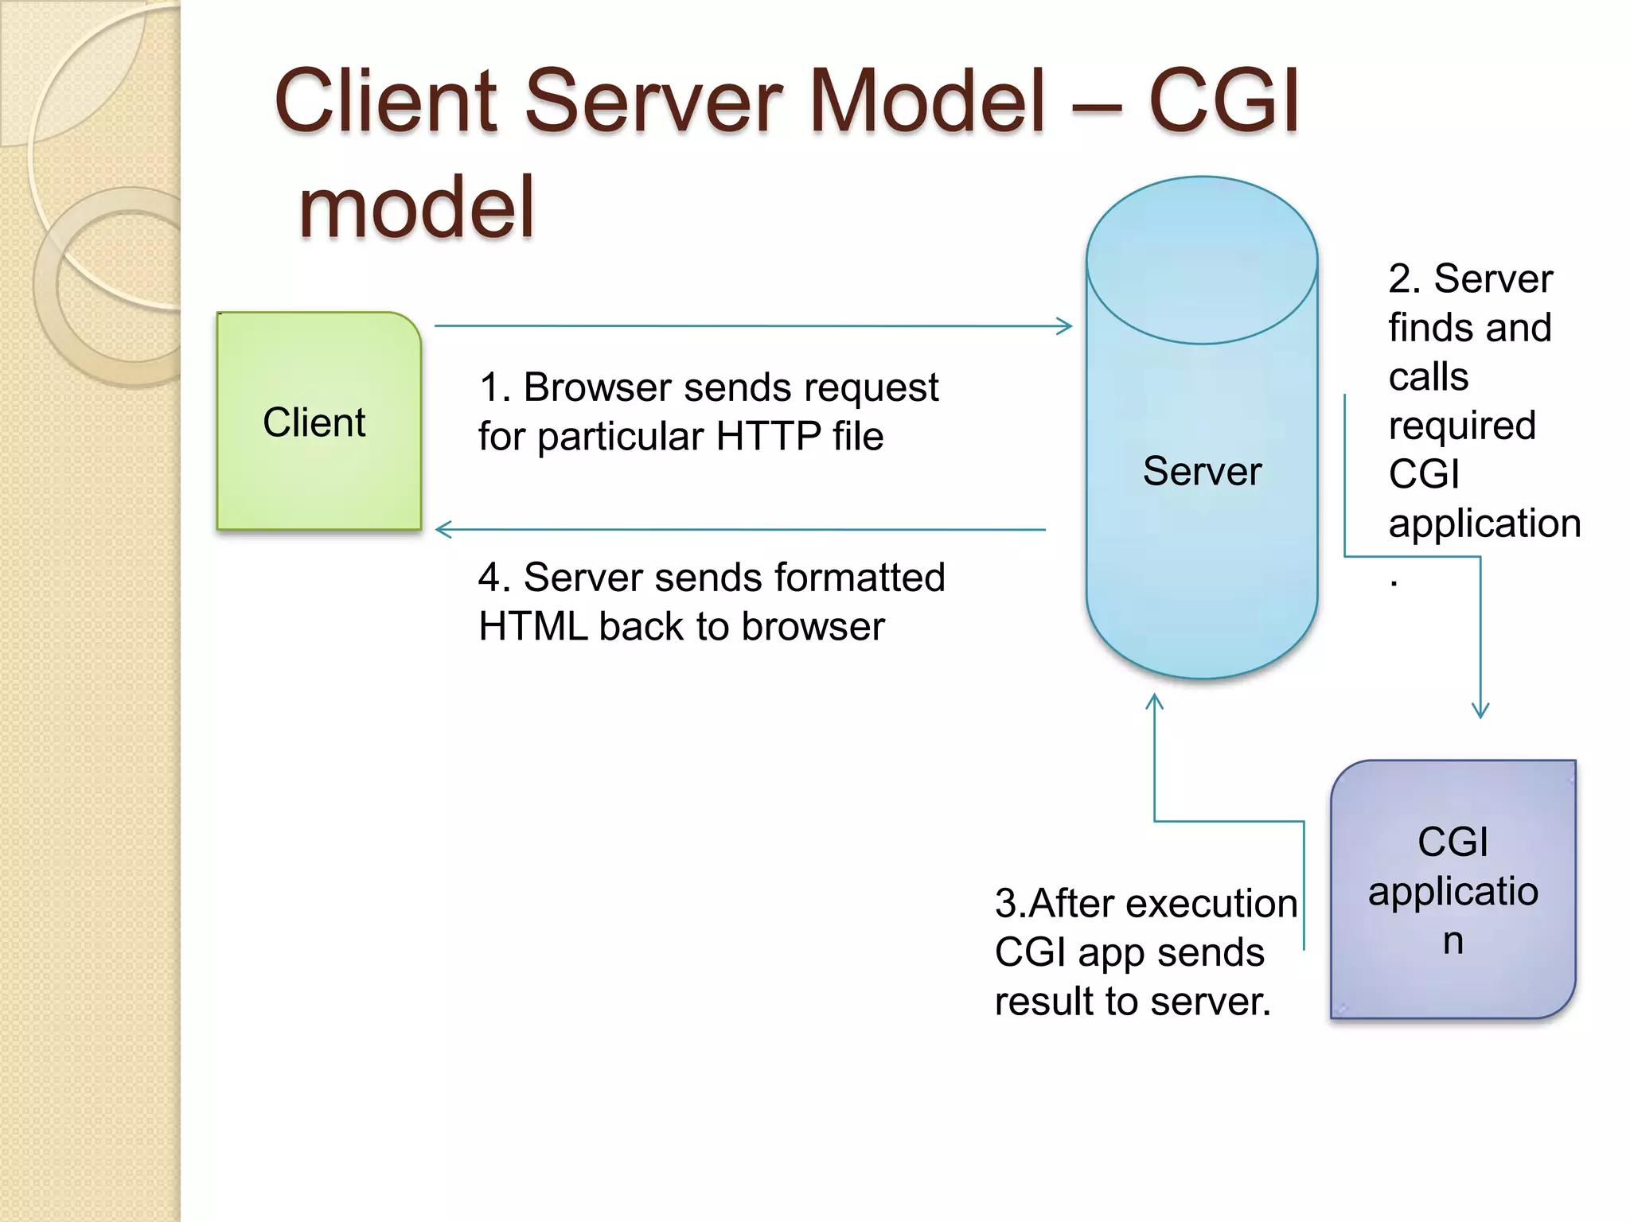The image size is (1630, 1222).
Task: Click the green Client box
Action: pyautogui.click(x=318, y=422)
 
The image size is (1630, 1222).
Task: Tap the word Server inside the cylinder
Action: pyautogui.click(x=1202, y=471)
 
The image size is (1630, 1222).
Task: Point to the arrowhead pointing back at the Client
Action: pyautogui.click(x=443, y=529)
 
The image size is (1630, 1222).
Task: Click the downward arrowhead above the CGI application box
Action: pyautogui.click(x=1480, y=710)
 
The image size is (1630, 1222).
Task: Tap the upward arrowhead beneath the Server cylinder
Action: pyautogui.click(x=1154, y=701)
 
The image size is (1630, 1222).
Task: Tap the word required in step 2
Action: pyautogui.click(x=1461, y=426)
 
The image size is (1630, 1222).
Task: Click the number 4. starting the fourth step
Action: pyautogui.click(x=493, y=578)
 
